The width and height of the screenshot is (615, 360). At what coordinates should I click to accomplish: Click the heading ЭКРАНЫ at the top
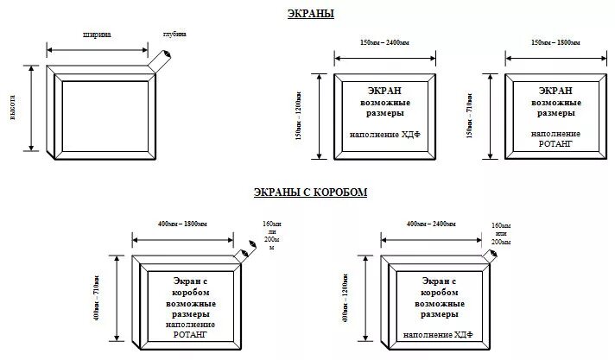tap(311, 14)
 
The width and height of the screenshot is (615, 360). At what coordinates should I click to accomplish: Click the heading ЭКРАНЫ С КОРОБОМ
tap(311, 192)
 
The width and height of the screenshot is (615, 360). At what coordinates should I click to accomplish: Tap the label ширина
tap(97, 35)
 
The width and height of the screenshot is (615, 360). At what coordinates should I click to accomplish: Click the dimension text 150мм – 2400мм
tap(385, 42)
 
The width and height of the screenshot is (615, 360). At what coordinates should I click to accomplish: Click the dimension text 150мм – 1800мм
tap(555, 42)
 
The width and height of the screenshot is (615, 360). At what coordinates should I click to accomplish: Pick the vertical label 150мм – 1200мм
tap(299, 117)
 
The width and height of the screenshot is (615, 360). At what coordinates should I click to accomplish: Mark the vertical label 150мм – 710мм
tap(469, 117)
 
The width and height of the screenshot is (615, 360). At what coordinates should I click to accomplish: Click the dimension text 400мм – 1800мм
tap(181, 224)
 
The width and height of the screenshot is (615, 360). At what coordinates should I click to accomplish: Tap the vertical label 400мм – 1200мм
tap(346, 298)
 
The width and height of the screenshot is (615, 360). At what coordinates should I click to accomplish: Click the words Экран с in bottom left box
tap(191, 281)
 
